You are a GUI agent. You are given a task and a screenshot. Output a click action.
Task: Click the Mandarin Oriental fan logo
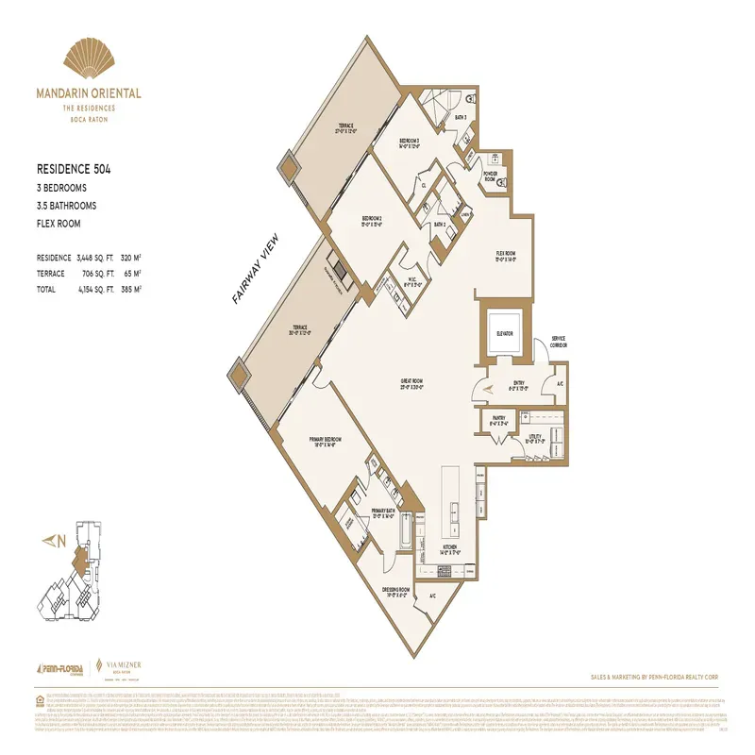[x=88, y=62]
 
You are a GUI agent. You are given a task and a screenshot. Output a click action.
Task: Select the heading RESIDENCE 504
[x=74, y=170]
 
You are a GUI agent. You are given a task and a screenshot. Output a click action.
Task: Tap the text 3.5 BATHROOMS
[x=66, y=205]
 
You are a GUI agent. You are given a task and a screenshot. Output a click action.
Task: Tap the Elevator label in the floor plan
[x=504, y=333]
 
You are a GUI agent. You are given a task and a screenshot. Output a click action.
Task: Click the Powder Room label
[x=490, y=176]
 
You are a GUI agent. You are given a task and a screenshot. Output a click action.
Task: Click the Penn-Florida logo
[x=59, y=667]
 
